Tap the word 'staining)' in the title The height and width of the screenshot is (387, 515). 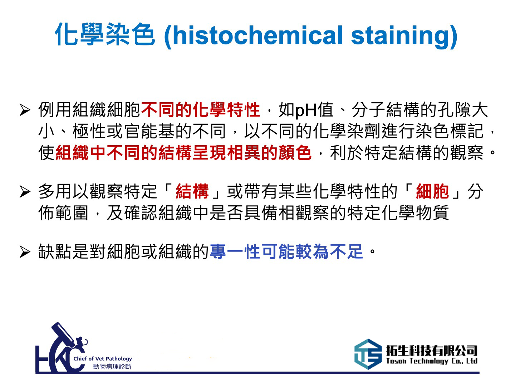404,35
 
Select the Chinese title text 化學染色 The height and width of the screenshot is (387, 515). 105,35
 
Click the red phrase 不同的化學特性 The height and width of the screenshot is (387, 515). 200,110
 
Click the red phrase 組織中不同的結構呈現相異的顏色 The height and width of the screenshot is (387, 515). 183,153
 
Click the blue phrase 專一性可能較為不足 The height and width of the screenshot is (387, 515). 286,252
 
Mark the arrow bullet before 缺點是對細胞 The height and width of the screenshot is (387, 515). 25,252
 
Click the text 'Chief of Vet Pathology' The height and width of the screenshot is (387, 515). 103,358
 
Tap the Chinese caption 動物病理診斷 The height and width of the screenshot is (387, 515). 112,366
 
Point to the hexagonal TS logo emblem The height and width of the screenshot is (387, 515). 368,354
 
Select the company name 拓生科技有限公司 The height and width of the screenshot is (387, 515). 432,350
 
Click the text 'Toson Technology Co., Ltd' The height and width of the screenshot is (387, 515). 432,361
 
